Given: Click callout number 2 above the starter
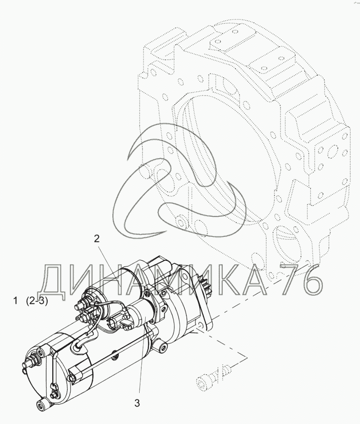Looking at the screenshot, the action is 97,238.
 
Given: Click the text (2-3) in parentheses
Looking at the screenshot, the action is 37,301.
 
